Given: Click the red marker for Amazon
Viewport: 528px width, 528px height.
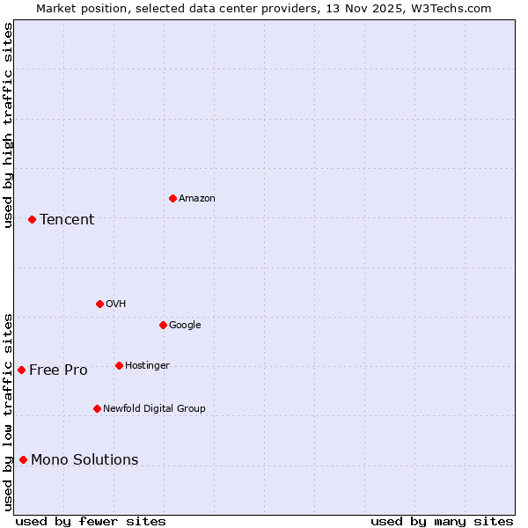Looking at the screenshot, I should (x=172, y=198).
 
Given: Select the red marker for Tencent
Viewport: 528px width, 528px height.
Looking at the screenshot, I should (x=32, y=219).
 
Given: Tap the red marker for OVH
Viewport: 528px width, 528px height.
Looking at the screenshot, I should (x=99, y=304).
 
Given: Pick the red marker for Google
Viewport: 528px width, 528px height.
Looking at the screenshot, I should (x=163, y=325).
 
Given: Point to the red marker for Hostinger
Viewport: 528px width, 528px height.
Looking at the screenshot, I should (x=119, y=365).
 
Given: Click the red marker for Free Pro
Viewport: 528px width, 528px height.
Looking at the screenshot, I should (x=21, y=370).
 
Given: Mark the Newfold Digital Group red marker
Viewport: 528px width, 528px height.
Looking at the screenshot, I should (x=97, y=408).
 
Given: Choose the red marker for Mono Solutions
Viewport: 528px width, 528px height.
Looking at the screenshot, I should (x=23, y=459).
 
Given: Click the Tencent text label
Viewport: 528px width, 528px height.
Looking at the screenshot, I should (x=67, y=220).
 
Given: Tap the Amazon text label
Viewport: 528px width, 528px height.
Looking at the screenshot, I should (x=197, y=199).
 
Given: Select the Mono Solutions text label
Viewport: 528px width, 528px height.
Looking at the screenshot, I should (x=84, y=460).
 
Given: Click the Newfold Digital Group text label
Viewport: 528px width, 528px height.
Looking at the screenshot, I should (x=154, y=409).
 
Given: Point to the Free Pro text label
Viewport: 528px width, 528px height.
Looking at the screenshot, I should (x=58, y=370).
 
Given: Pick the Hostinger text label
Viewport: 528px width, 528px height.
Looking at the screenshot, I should (x=147, y=366).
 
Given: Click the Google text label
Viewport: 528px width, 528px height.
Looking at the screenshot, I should (x=185, y=326).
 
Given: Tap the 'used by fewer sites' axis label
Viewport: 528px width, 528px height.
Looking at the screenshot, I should (x=91, y=521).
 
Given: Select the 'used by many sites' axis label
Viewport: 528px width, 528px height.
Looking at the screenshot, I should (x=442, y=521).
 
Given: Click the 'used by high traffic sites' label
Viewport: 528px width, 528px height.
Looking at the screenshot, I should (x=8, y=125).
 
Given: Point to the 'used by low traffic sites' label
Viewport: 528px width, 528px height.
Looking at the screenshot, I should (x=8, y=412).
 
